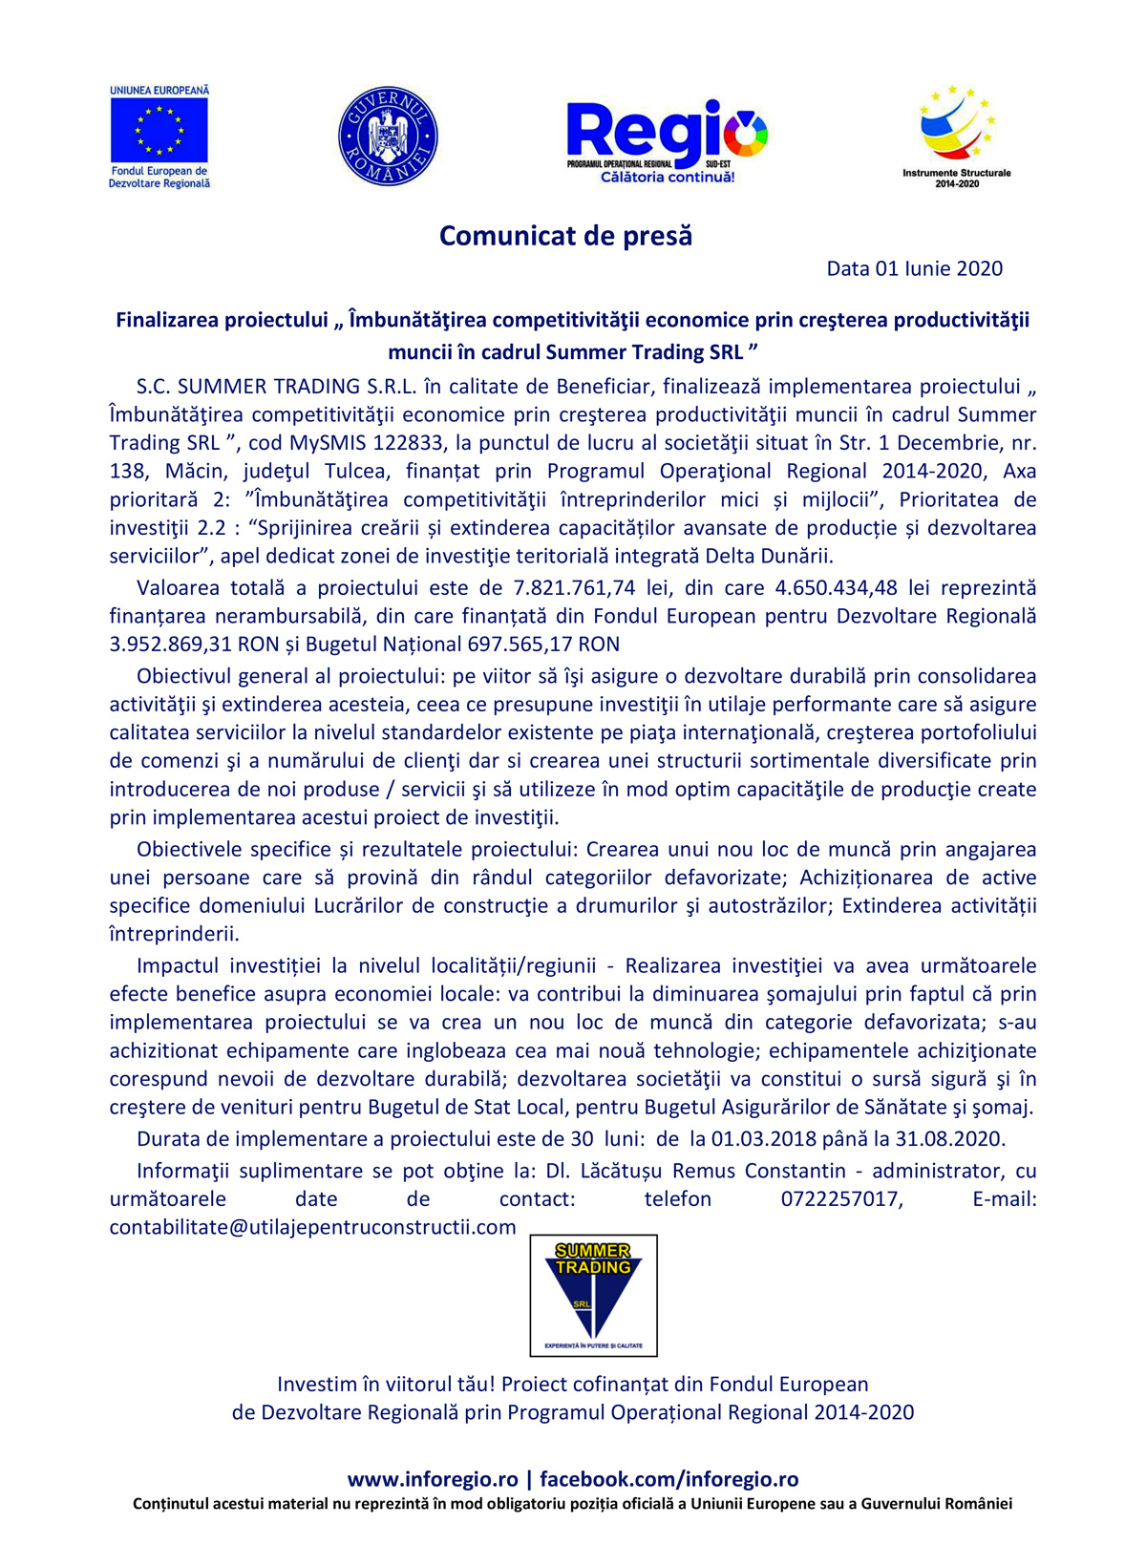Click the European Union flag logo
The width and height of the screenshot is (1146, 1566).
[x=159, y=131]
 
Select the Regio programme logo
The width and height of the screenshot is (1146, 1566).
[x=667, y=139]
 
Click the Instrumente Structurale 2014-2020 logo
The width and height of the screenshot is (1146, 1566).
[x=956, y=135]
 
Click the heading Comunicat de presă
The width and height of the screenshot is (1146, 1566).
[x=565, y=236]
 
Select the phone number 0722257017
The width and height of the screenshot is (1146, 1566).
[x=840, y=1199]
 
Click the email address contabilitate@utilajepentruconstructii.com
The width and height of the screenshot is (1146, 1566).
[x=312, y=1227]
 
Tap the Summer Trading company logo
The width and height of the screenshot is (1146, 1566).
[x=593, y=1295]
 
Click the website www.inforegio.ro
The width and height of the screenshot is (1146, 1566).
[x=433, y=1479]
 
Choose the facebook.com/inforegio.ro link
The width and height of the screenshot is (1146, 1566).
[x=668, y=1479]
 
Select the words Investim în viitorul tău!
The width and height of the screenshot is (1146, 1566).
[x=386, y=1385]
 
